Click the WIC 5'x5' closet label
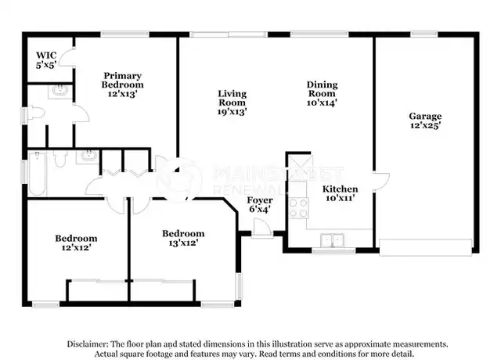point(46,60)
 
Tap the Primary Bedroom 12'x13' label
point(122,85)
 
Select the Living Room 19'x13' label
point(232,103)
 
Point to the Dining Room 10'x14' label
point(322,94)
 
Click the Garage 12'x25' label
point(425,121)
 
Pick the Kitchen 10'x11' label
point(340,193)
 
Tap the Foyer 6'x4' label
point(259,205)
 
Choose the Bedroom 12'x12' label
point(76,243)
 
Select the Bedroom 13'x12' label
point(183,238)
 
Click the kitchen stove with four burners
point(298,208)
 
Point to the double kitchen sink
point(332,240)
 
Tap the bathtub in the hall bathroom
point(37,174)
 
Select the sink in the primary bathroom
point(60,91)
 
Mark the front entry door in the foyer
point(261,228)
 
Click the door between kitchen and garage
point(381,182)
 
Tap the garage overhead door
point(426,247)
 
